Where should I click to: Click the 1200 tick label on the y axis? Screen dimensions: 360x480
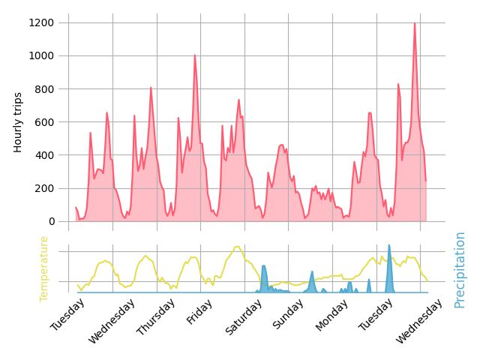[41, 22]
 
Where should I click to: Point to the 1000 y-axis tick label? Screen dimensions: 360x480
[41, 55]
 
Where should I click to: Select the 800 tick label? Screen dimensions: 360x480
[44, 88]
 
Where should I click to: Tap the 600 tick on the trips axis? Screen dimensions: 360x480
[44, 121]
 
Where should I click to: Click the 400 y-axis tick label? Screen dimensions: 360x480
[44, 155]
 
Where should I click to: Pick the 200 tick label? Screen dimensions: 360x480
[44, 188]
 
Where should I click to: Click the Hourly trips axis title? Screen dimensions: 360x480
[18, 122]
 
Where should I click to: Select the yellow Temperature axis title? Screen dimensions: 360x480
[43, 268]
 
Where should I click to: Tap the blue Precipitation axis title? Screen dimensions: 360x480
[460, 269]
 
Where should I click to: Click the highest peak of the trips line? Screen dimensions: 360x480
[414, 23]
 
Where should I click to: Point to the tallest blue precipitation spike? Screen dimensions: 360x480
[388, 245]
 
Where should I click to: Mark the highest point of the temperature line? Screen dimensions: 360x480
[237, 247]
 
